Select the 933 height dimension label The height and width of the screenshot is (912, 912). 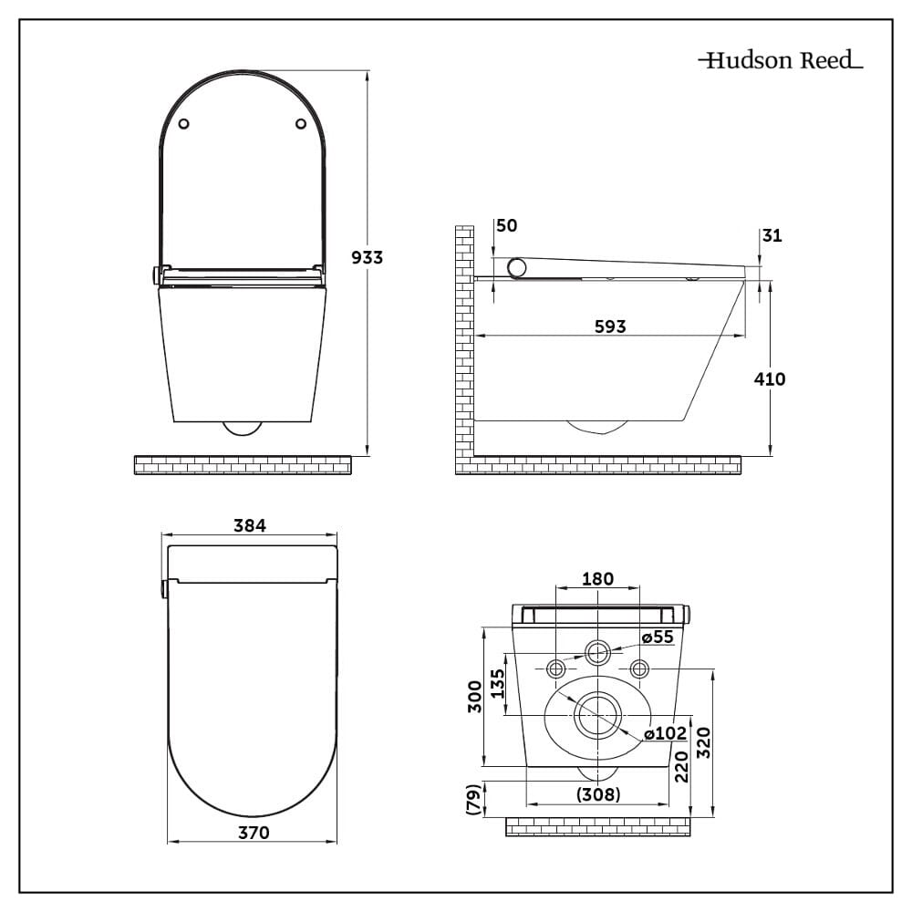pos(368,257)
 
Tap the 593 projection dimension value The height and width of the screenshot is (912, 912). pos(610,326)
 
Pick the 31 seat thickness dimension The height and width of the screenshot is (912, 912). pos(772,235)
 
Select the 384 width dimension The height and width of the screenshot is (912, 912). pos(249,526)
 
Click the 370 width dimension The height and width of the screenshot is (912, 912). pos(253,832)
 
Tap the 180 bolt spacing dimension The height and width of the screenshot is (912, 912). pos(597,578)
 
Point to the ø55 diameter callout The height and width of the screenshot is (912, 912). pos(657,637)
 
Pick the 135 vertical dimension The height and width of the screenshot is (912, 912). pos(496,683)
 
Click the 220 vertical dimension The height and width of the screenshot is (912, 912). pos(680,768)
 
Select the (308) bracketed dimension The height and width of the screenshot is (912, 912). pos(598,794)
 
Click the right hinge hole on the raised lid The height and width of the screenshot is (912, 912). pos(301,124)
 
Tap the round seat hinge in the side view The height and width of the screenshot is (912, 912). pos(518,266)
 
